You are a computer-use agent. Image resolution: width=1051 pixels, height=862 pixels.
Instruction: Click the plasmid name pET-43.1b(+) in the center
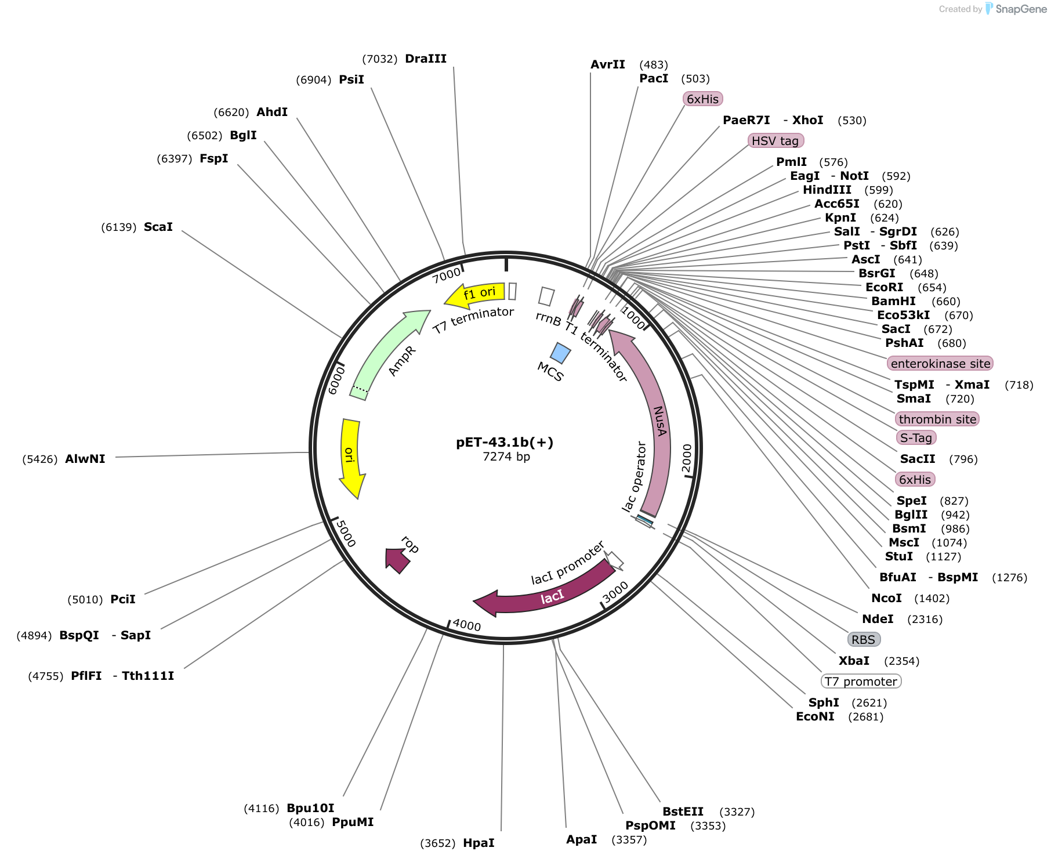505,443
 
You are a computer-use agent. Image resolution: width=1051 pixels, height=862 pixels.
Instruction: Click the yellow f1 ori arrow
474,295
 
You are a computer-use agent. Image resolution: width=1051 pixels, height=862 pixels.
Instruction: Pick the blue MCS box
560,353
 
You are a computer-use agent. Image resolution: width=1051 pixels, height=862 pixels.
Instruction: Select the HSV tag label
775,141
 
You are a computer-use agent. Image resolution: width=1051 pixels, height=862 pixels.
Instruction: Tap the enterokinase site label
940,364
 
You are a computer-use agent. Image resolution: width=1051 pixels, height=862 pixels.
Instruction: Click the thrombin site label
937,419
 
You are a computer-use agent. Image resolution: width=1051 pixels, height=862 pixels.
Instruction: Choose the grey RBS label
864,640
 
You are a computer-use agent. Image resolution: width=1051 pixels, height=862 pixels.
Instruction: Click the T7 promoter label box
861,682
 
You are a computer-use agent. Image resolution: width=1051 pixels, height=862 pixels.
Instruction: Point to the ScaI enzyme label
158,227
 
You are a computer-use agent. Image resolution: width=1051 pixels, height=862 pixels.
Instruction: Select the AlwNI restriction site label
85,459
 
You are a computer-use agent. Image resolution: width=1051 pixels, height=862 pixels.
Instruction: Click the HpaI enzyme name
479,843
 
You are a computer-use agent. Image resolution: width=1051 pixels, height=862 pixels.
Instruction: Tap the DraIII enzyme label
426,59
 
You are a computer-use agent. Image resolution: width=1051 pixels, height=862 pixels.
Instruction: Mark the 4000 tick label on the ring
467,625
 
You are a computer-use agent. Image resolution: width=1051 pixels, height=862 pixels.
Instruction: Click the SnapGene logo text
1021,9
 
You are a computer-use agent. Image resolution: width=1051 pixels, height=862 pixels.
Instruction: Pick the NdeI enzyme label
878,619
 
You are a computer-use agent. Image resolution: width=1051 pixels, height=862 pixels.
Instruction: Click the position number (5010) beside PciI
85,600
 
